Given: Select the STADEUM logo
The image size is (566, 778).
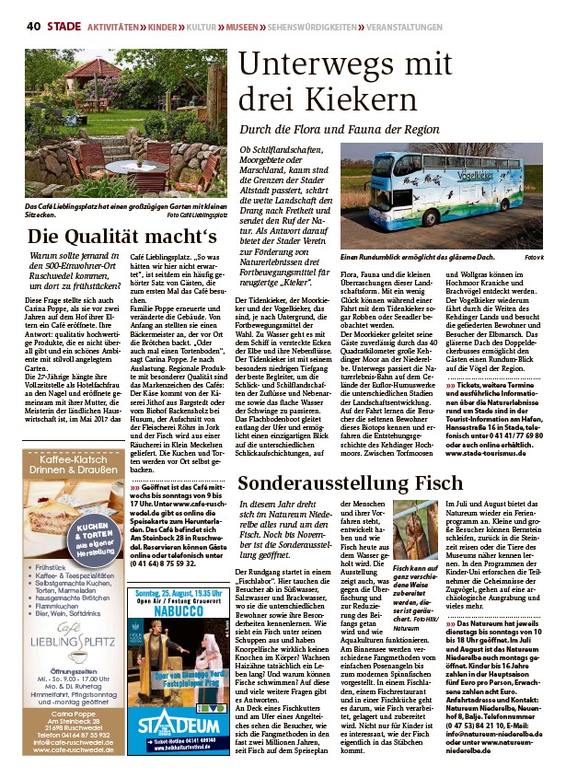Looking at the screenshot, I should tap(177, 719).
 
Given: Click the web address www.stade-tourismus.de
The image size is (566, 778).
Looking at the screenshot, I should tap(493, 452).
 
